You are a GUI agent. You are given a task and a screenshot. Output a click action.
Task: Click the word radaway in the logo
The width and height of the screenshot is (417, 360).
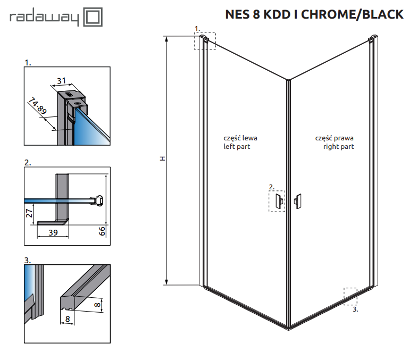[x=44, y=19]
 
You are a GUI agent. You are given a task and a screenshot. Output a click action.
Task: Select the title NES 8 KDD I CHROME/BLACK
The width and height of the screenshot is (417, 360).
[x=314, y=14]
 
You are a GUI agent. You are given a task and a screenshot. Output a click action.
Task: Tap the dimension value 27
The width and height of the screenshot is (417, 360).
[x=30, y=214]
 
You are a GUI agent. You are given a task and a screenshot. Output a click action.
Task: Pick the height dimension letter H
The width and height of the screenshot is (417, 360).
[x=163, y=159]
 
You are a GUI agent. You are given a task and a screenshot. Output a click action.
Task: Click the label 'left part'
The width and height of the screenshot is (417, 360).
[x=237, y=146]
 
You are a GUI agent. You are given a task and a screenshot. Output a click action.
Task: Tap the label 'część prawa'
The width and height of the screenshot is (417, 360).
[x=335, y=138]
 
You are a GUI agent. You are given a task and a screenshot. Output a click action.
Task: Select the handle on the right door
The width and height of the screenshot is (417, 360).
[x=298, y=200]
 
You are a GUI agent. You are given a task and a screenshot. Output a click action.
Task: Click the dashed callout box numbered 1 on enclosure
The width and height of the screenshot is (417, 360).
[x=205, y=41]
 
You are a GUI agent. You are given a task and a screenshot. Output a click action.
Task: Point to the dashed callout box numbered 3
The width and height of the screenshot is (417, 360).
[x=351, y=296]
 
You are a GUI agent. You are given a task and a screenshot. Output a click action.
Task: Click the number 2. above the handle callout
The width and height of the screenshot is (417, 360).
[x=271, y=187]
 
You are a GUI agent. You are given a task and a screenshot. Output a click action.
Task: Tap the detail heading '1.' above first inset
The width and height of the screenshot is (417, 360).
[x=28, y=62]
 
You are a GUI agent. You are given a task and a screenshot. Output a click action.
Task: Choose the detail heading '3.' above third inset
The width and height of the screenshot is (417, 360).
[x=28, y=260]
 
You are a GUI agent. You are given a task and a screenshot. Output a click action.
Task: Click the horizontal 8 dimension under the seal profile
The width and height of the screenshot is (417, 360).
[x=68, y=319]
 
